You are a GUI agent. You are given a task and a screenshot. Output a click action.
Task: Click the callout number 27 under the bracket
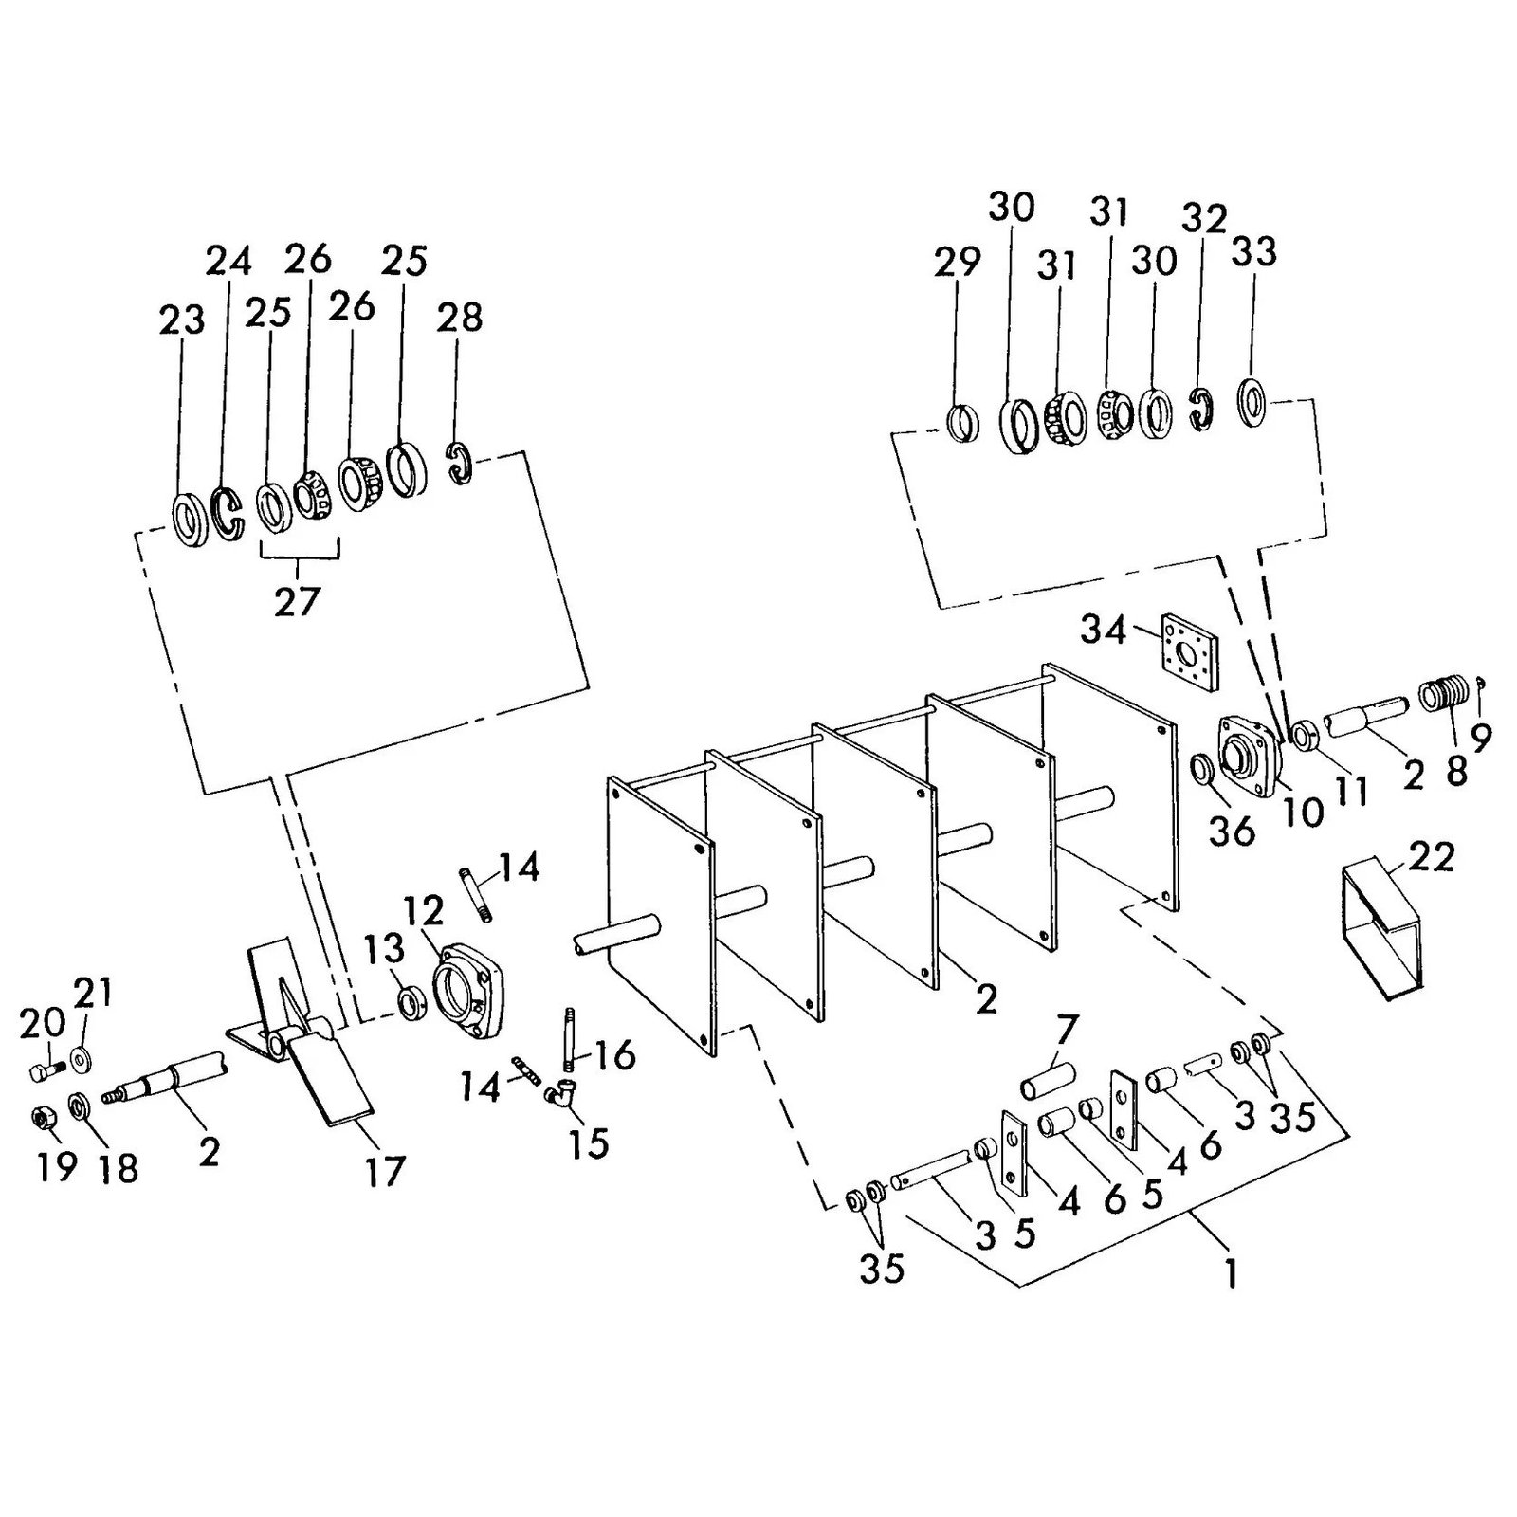pyautogui.click(x=298, y=601)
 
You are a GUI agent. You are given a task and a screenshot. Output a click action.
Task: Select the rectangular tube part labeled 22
pyautogui.click(x=1384, y=934)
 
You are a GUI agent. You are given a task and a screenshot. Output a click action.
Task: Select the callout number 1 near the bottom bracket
pyautogui.click(x=1231, y=1273)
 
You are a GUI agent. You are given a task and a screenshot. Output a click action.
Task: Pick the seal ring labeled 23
pyautogui.click(x=190, y=520)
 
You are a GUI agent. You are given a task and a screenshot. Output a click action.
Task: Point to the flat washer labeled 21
pyautogui.click(x=80, y=1055)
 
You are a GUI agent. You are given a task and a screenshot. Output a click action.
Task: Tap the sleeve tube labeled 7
pyautogui.click(x=1048, y=1080)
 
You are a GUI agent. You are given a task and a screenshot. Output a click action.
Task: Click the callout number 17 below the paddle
pyautogui.click(x=385, y=1171)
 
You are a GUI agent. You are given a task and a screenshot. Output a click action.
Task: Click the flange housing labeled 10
pyautogui.click(x=1247, y=754)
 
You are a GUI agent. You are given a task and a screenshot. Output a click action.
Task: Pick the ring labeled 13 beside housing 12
pyautogui.click(x=411, y=1002)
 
